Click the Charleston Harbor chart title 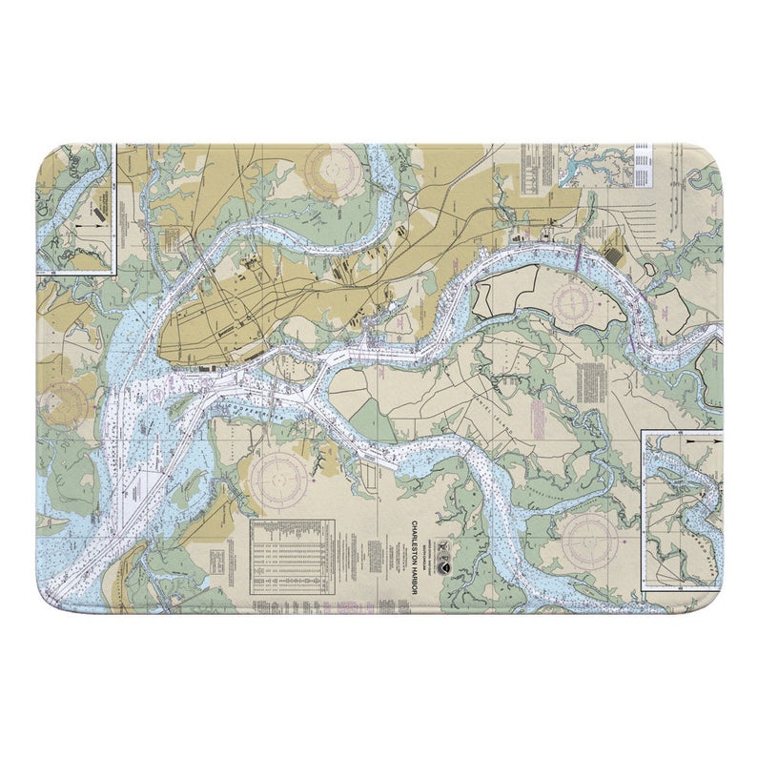[x=413, y=557]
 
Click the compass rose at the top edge [x=335, y=170]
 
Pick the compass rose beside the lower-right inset [x=590, y=542]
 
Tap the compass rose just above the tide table [x=282, y=472]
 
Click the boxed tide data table [x=292, y=557]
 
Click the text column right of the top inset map [x=641, y=166]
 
